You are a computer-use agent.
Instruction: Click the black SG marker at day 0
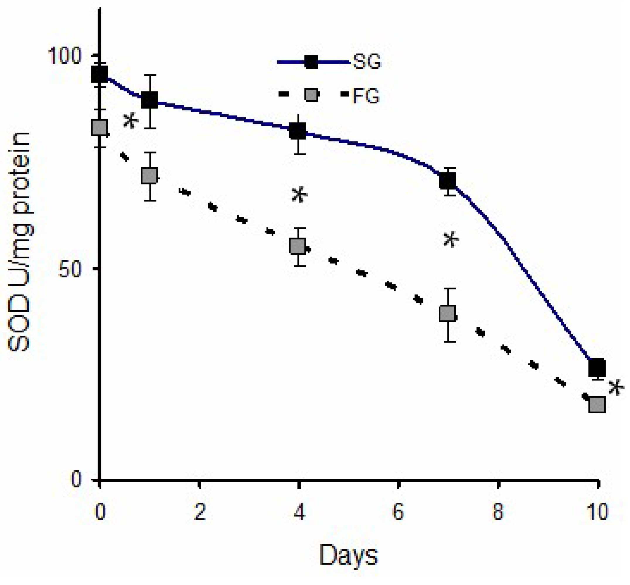[99, 74]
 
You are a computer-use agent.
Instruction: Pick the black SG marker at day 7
[447, 180]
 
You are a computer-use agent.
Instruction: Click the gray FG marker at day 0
[99, 127]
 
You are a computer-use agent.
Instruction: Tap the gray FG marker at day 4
[298, 246]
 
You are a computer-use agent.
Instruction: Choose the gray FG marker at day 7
[447, 313]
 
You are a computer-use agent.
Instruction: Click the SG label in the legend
[367, 62]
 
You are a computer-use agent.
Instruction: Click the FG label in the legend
[366, 96]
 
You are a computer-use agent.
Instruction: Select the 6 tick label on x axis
[398, 511]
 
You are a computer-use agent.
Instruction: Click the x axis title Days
[348, 555]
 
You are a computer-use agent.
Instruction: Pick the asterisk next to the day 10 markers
[616, 388]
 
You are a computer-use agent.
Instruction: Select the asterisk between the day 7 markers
[450, 240]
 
